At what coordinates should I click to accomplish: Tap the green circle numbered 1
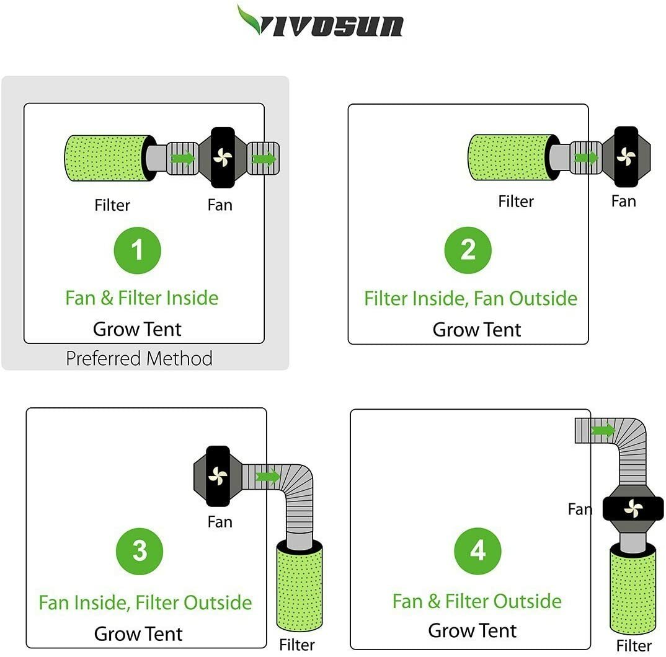click(137, 250)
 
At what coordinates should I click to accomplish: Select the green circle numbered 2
click(468, 250)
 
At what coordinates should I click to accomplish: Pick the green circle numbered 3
click(140, 551)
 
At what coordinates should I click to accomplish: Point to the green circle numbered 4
click(477, 551)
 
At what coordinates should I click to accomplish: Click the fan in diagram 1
click(223, 157)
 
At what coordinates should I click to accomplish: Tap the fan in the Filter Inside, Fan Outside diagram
click(626, 157)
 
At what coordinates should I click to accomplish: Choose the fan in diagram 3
click(218, 476)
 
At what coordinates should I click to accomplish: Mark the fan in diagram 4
click(633, 508)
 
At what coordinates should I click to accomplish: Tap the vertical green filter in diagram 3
click(300, 585)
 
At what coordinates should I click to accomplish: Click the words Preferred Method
click(140, 359)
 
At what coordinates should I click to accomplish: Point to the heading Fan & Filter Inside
click(142, 298)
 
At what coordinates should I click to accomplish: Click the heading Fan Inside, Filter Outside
click(145, 602)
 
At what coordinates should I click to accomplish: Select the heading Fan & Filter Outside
click(477, 601)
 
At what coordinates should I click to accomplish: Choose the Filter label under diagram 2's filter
click(516, 201)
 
